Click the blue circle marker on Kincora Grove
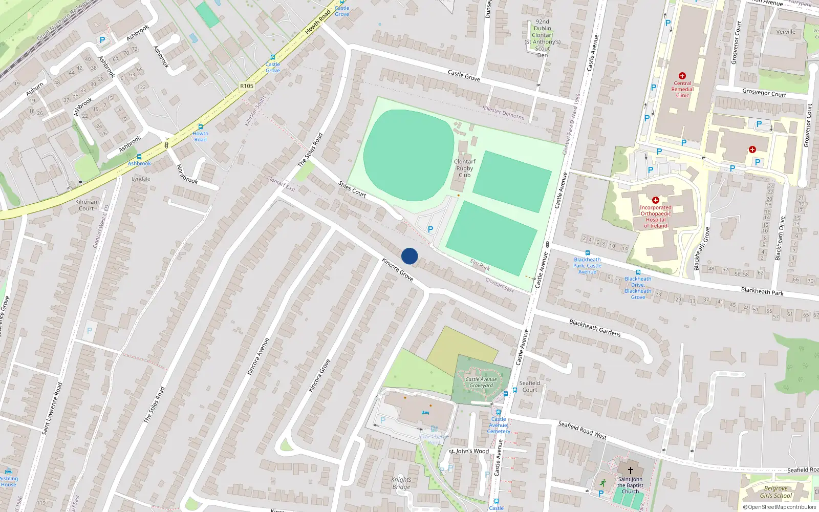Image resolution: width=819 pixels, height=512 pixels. (409, 256)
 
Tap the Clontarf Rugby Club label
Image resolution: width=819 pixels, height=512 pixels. (464, 168)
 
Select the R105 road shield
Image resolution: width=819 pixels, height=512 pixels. (247, 86)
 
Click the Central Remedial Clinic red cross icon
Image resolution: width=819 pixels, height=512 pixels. (682, 76)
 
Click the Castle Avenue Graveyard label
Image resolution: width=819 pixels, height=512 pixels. (481, 382)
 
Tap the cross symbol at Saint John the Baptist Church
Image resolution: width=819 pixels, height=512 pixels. (631, 470)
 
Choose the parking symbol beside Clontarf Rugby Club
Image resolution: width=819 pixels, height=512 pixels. (430, 230)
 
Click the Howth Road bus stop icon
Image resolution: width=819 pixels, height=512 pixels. (201, 126)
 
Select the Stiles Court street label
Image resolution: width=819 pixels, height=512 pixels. (352, 189)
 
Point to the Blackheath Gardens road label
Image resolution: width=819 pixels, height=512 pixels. (595, 328)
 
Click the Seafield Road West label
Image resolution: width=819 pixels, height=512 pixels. (582, 430)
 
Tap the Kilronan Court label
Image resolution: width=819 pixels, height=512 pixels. (86, 205)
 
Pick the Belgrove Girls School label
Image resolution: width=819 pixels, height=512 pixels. (775, 492)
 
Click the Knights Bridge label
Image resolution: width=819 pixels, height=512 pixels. (401, 483)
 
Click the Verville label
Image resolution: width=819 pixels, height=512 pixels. (786, 31)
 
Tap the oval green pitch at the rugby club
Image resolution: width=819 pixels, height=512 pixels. (408, 155)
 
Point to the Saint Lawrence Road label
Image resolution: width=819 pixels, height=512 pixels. (52, 409)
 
